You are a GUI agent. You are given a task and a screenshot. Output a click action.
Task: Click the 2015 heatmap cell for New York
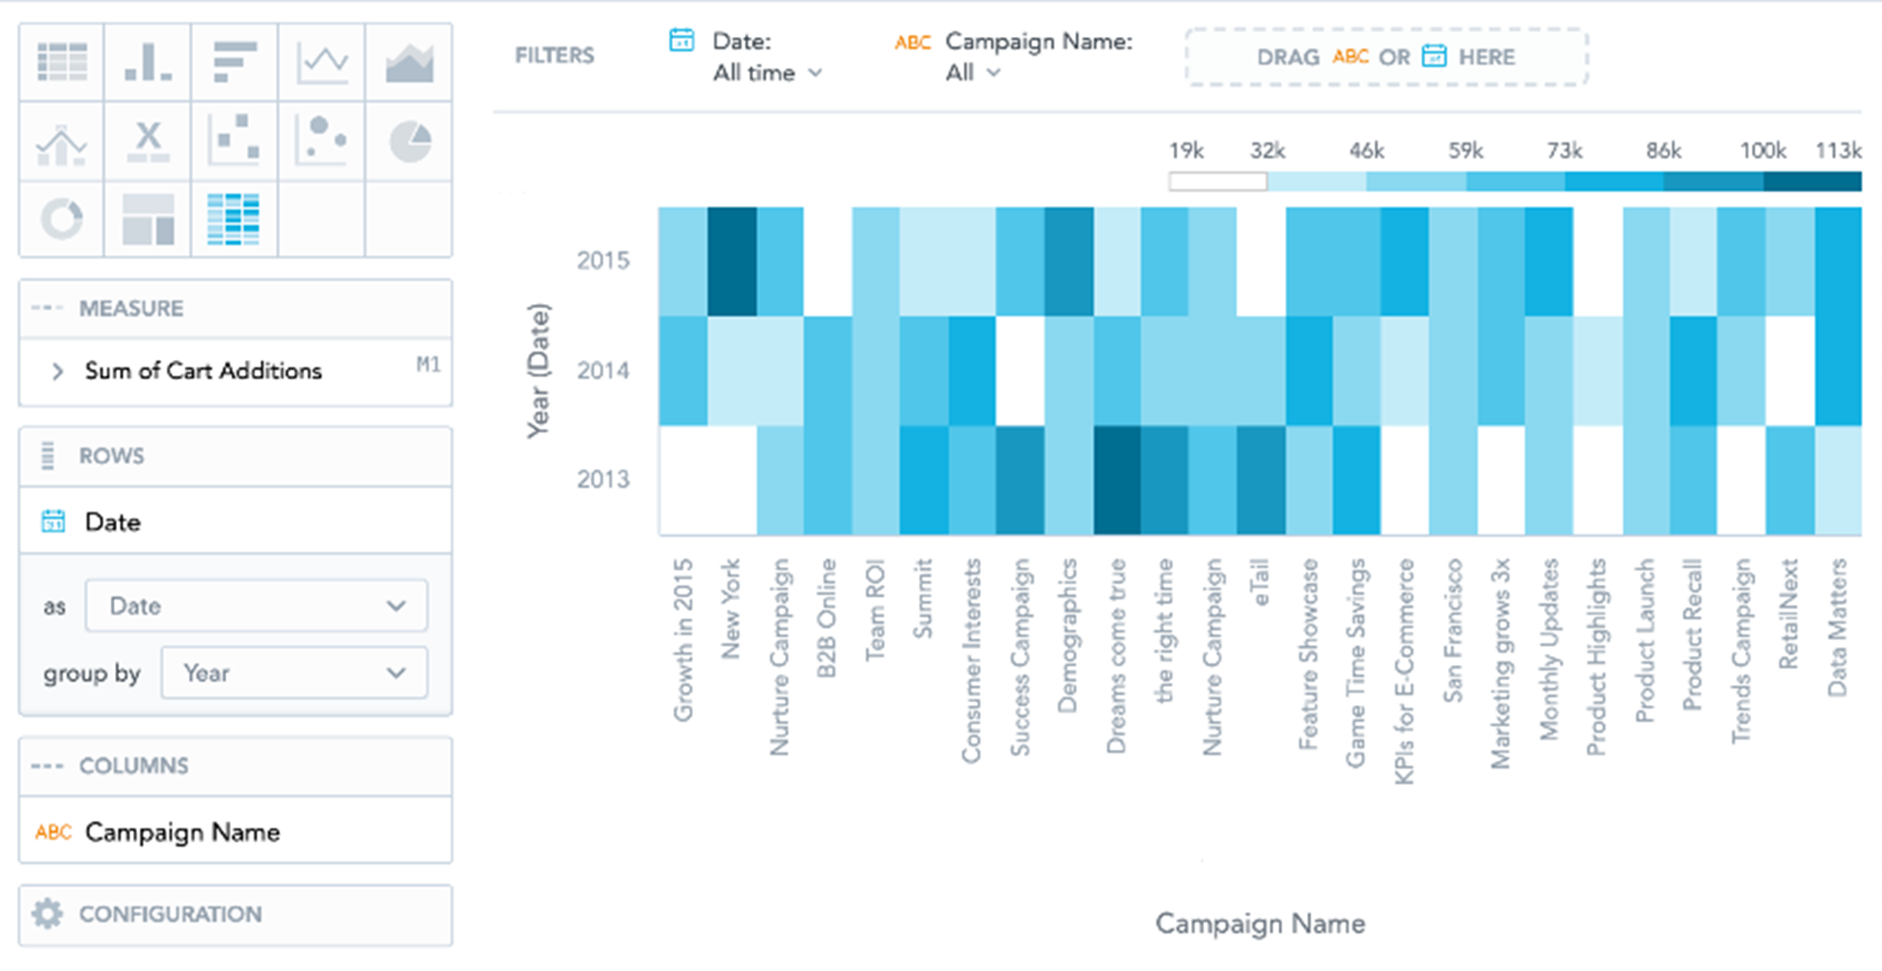732,261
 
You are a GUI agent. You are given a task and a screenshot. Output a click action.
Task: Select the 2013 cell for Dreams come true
1117,480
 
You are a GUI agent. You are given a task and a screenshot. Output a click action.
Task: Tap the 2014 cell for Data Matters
1837,371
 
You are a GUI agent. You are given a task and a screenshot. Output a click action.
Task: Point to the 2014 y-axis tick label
603,371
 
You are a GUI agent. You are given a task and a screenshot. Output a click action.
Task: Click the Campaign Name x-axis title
1259,923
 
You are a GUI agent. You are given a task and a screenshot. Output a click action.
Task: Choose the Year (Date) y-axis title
539,371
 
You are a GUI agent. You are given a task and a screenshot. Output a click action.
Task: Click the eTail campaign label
1260,583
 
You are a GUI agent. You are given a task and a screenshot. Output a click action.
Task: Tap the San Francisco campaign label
1452,631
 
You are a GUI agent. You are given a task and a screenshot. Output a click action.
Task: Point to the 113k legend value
1837,151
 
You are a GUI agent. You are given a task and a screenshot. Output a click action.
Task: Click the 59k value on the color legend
1465,151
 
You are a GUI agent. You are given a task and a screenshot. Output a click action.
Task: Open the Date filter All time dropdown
767,73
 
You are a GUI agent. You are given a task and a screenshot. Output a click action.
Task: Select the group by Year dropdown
294,673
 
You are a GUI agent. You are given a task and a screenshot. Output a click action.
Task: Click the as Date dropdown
256,606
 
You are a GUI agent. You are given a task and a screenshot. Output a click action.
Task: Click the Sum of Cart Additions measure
203,371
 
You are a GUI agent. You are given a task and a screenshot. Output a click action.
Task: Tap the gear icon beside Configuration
47,914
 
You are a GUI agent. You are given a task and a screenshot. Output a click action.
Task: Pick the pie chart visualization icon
410,142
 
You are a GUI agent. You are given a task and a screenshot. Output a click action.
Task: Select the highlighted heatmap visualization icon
233,219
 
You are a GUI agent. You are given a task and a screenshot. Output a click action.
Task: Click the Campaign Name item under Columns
182,832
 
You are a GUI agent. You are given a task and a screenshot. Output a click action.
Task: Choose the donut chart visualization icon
62,219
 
